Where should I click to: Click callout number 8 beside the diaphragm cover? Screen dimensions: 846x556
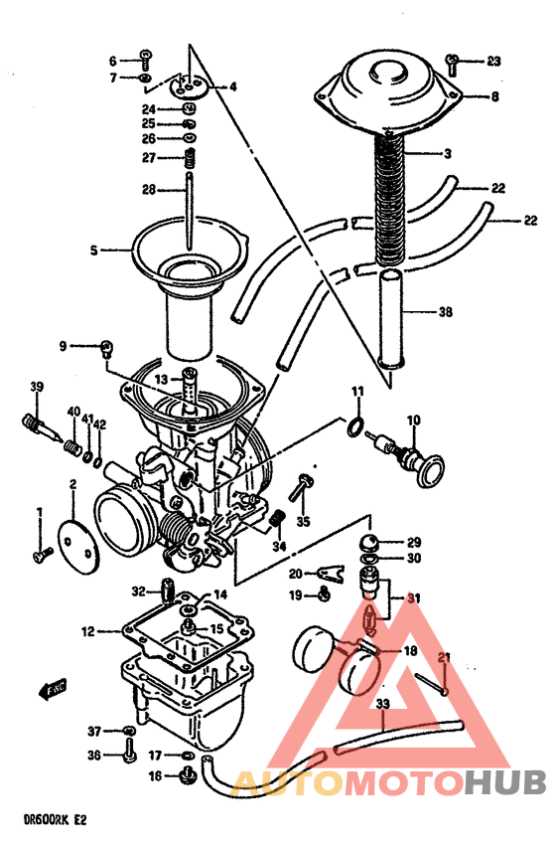[493, 96]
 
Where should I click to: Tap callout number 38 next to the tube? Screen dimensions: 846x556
[445, 311]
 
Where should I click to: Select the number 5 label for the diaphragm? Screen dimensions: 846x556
[94, 252]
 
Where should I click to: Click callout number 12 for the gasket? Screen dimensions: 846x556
[87, 631]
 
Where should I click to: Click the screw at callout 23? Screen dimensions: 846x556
[453, 64]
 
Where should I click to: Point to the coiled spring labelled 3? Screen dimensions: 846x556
[391, 199]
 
